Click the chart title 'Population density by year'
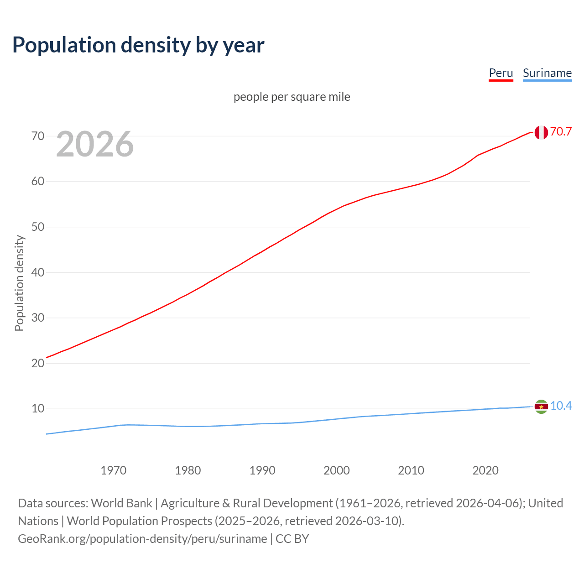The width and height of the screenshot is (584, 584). pos(138,45)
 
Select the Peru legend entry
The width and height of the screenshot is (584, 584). pos(501,73)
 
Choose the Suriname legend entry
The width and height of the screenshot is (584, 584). pos(547,73)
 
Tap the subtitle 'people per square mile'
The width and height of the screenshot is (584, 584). pos(292,97)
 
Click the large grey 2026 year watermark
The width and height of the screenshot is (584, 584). pos(95,144)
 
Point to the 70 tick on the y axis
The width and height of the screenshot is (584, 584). pos(38,136)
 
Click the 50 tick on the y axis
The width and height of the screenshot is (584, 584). pos(38,227)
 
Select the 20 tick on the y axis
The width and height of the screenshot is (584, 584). pos(38,363)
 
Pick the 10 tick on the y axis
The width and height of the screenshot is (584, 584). pos(38,408)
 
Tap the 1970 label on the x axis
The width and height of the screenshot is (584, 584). pos(113,470)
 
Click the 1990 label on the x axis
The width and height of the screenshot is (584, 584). pos(262,470)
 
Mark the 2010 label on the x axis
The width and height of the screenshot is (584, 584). pos(411,470)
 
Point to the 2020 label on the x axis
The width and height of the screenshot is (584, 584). pos(485,470)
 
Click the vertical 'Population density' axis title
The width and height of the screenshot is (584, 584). pos(19,283)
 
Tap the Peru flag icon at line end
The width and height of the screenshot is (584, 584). pos(541,132)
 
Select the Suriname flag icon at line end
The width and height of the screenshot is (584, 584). pos(541,407)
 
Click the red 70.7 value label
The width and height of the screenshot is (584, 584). pos(561,131)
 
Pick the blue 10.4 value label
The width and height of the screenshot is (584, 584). pos(561,406)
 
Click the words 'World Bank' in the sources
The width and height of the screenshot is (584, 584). pos(121,503)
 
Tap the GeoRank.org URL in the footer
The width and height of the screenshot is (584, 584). pos(142,538)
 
